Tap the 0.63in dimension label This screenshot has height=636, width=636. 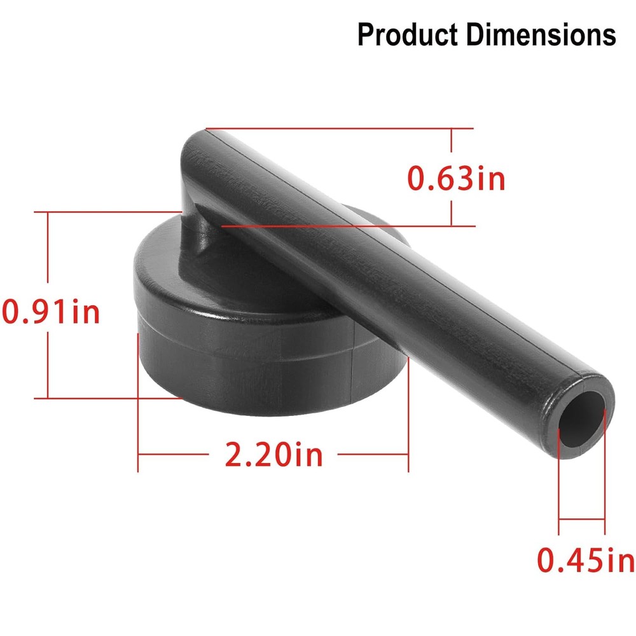pos(456,179)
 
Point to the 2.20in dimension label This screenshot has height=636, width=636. pos(274,455)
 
